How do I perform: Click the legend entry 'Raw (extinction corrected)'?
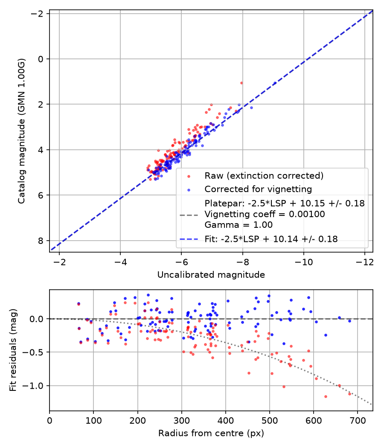tap(264, 176)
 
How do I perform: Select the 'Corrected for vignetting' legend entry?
tap(258, 189)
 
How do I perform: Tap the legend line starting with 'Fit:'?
tap(271, 239)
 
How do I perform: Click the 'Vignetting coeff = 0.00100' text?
tap(265, 214)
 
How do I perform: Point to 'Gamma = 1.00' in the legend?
tap(239, 225)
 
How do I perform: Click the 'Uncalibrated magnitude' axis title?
tap(211, 275)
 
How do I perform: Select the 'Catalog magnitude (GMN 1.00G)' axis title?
tap(22, 131)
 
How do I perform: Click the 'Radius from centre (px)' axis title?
tap(211, 433)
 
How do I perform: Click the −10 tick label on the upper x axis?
tap(304, 262)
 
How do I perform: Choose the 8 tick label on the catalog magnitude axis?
tap(40, 241)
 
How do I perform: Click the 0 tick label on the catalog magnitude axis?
tap(40, 59)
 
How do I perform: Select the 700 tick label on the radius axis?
tap(358, 421)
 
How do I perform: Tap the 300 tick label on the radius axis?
tap(182, 421)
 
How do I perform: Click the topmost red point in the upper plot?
tap(241, 83)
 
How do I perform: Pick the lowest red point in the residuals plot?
tap(326, 396)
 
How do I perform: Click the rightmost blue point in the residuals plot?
tap(349, 321)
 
